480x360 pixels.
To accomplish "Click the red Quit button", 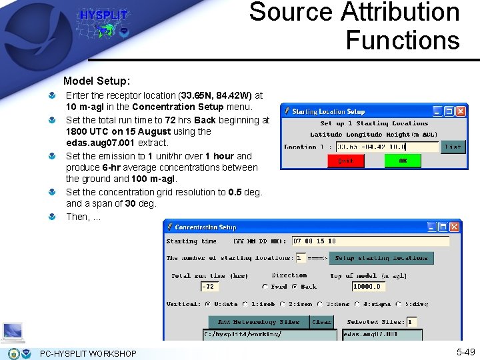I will point(346,161).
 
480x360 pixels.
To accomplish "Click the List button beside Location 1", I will point(453,147).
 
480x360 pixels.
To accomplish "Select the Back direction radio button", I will point(295,287).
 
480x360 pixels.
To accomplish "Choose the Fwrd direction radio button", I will point(265,287).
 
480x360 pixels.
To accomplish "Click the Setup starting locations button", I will point(381,258).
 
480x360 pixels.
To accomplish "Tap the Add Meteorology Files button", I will point(259,322).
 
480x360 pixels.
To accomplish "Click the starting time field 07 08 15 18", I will point(370,241).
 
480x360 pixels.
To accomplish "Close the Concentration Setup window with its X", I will point(454,227).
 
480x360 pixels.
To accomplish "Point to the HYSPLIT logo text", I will point(103,15).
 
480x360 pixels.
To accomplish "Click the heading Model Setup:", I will point(97,81).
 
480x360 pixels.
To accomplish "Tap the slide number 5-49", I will point(465,352).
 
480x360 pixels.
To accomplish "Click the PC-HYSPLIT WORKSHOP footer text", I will point(88,353).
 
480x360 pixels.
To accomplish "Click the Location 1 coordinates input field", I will point(387,147).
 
